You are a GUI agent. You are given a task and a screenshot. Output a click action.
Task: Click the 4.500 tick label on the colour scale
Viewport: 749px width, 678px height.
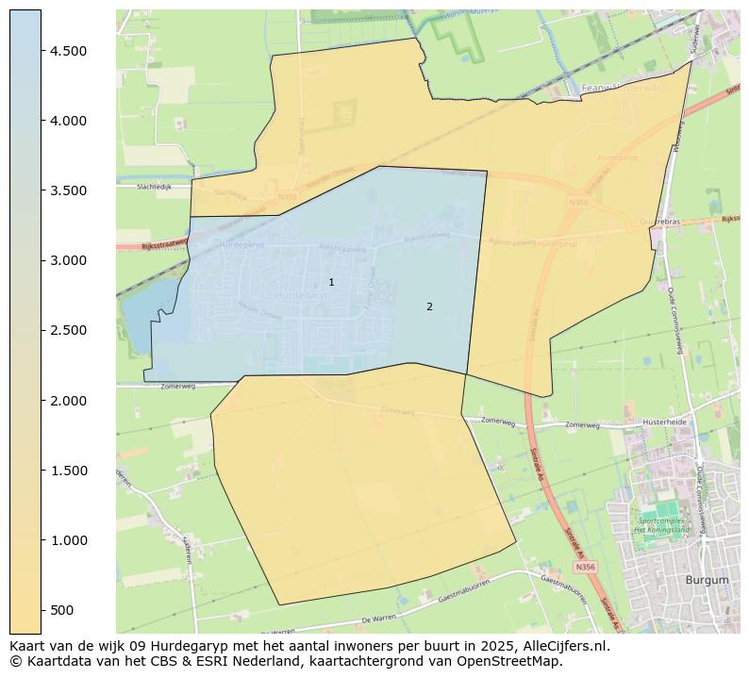[x=68, y=51]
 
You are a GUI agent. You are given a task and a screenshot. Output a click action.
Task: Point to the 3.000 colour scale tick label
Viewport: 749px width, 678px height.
[x=68, y=260]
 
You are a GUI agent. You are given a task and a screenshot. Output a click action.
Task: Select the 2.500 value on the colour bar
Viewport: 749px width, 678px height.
[x=68, y=330]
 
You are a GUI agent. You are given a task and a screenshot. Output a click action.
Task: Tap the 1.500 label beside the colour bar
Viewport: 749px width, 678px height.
[x=68, y=471]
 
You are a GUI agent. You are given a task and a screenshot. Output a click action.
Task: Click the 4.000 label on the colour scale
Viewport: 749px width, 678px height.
[x=68, y=121]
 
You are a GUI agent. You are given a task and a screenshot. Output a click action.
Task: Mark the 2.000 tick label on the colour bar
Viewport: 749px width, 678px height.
[x=68, y=401]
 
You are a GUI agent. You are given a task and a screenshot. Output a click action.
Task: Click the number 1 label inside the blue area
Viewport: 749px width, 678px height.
[x=331, y=282]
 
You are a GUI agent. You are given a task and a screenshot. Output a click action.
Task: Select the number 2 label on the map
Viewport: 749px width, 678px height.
[x=429, y=306]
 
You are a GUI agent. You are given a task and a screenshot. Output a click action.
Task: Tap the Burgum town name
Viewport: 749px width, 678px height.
[x=707, y=580]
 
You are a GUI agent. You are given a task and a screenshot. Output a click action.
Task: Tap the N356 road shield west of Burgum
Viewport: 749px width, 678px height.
[x=585, y=567]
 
